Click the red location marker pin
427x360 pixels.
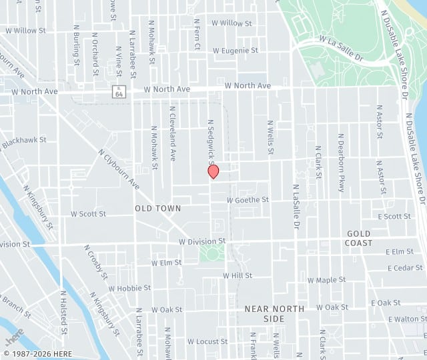[213, 171]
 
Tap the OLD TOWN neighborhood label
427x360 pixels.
[158, 209]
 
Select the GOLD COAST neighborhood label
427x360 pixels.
[358, 238]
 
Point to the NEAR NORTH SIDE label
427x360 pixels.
[274, 313]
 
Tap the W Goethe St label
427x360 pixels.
[248, 199]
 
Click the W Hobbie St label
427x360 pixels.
[129, 288]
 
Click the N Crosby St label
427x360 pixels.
[97, 261]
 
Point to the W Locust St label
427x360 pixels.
[207, 341]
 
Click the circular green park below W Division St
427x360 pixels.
[212, 253]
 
